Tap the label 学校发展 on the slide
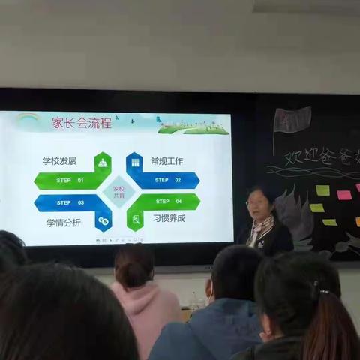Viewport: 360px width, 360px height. click(61, 160)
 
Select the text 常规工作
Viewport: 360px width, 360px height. click(166, 160)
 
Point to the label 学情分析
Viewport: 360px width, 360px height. click(61, 223)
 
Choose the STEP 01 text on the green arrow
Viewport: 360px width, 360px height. click(70, 181)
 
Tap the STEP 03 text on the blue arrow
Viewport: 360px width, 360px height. click(70, 202)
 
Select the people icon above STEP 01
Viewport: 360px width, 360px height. click(103, 163)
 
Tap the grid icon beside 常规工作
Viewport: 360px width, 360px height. click(136, 162)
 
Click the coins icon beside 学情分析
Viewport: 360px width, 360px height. click(103, 221)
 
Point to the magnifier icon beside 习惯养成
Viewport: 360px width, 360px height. click(136, 220)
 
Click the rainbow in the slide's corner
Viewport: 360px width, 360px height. click(28, 118)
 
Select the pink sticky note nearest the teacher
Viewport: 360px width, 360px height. click(343, 195)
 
